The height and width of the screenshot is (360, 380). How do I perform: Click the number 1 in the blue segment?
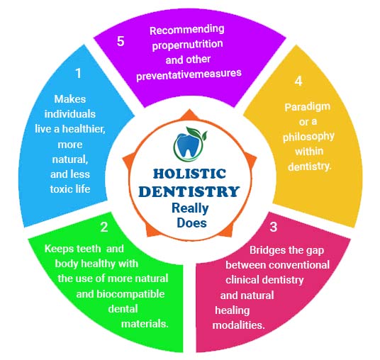coord(78,73)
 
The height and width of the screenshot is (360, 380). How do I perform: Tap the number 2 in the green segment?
coord(104,227)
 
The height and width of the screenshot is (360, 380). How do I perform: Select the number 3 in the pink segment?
coord(274,227)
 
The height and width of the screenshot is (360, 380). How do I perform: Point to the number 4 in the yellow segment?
coord(298,81)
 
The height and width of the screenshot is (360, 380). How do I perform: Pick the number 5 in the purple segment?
coord(121,41)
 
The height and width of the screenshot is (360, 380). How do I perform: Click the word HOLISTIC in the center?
coord(190,174)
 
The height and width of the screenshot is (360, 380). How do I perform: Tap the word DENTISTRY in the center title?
coord(189,191)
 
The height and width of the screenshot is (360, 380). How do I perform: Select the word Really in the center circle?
coord(190,208)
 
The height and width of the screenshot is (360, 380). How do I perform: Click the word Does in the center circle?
coord(191,223)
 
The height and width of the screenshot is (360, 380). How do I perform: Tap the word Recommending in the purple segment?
coord(187,30)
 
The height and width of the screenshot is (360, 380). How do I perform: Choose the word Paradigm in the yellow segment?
coord(307,107)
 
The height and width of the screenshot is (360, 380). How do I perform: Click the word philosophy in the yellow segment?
coord(308,137)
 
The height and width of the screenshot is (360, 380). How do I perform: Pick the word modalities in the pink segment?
coord(238,325)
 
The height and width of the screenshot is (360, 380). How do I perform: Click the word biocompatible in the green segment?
coord(130,294)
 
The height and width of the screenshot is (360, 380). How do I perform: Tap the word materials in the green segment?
coord(144,324)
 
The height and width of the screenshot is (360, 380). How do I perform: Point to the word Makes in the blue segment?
coord(70,99)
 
